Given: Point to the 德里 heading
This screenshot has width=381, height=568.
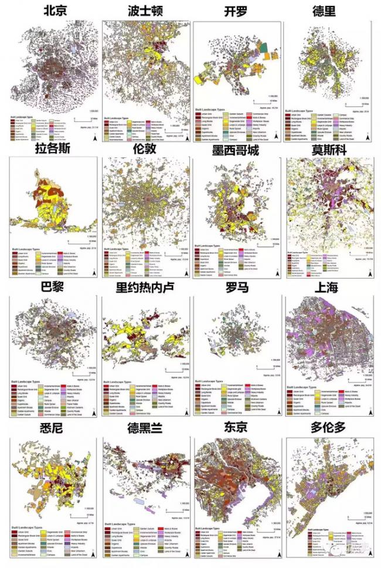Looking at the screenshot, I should [328, 12].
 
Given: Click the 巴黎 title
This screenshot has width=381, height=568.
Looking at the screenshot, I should [53, 287].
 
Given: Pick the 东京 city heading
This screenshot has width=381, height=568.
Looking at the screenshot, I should [237, 427].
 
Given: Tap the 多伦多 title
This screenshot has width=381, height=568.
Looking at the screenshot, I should [328, 427].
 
